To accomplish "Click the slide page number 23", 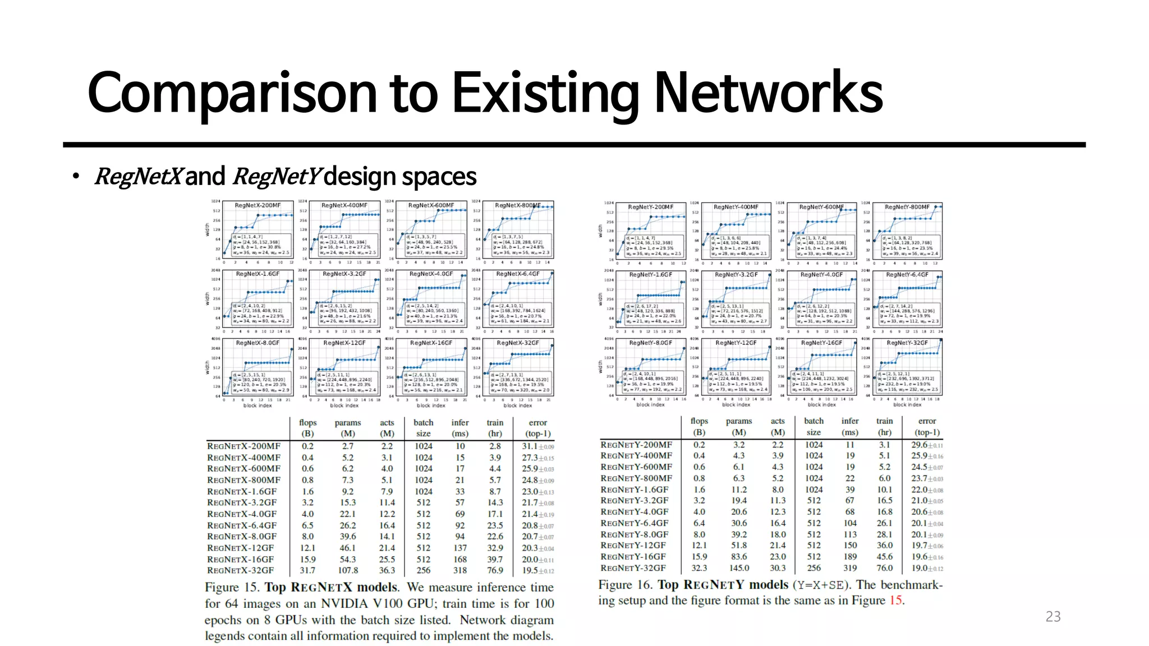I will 1053,617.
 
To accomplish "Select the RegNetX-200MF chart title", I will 258,206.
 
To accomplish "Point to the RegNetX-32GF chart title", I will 518,343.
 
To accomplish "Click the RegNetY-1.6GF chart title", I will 650,275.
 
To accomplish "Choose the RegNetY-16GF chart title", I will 821,343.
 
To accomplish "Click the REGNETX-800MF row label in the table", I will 243,480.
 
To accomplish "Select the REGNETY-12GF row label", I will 633,545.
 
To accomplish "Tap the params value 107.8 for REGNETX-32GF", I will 348,570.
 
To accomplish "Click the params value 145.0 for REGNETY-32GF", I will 739,568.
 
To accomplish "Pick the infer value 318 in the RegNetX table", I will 460,570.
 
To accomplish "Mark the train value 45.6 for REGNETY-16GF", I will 884,557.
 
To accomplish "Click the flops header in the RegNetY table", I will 699,421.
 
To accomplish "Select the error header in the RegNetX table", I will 537,423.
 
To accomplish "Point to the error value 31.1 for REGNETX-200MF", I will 530,446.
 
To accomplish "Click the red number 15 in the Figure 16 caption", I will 896,601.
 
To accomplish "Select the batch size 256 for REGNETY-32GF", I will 814,568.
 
